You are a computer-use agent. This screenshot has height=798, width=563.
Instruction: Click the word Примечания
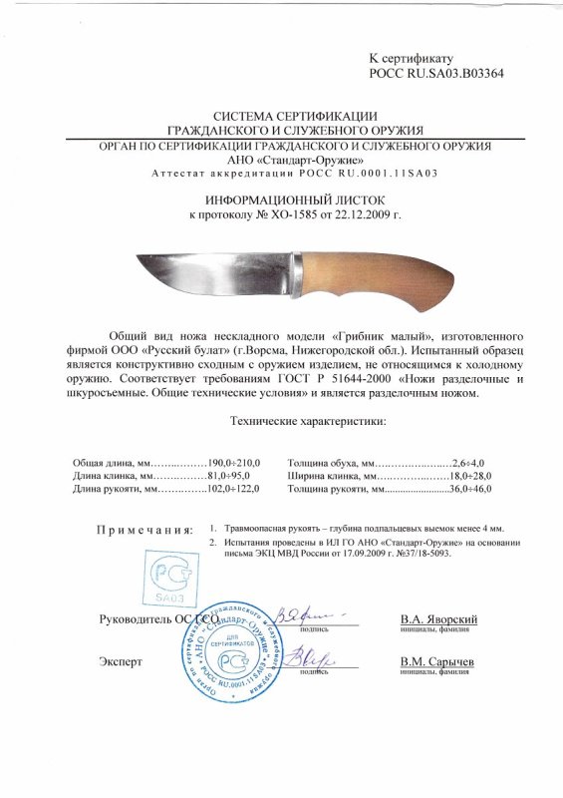(x=144, y=529)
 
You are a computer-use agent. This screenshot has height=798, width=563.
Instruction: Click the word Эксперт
(x=122, y=662)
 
